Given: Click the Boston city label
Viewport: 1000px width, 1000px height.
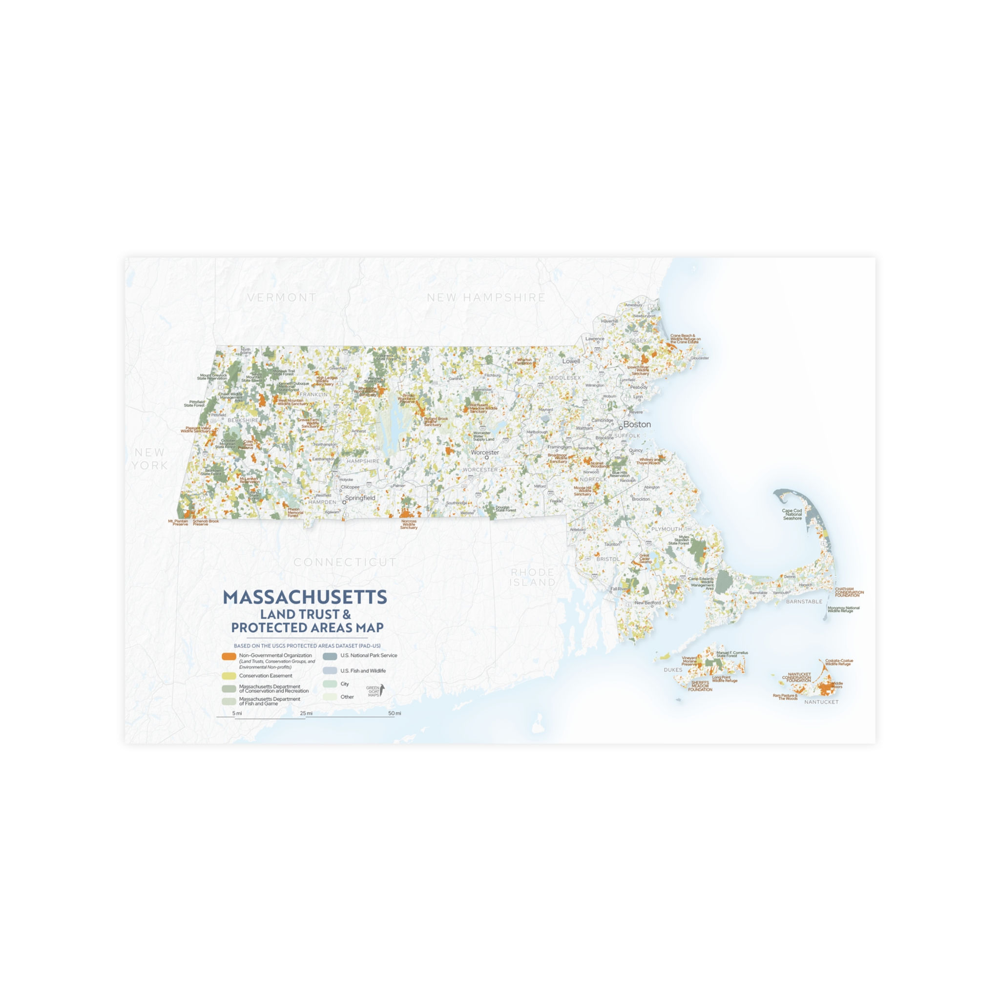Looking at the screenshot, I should click(x=637, y=424).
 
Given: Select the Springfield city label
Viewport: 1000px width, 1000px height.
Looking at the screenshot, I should click(x=360, y=498).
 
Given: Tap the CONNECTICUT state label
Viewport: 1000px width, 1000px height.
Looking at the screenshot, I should click(x=345, y=562).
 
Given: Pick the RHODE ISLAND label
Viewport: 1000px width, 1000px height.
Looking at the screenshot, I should click(x=533, y=577).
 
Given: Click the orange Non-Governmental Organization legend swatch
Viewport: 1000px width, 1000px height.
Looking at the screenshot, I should click(x=229, y=656).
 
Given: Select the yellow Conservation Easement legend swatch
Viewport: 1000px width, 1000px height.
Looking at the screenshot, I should click(x=229, y=676).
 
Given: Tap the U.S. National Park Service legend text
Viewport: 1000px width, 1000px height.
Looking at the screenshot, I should click(x=369, y=655).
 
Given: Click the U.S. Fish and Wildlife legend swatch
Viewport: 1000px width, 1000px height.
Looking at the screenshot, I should click(x=330, y=671).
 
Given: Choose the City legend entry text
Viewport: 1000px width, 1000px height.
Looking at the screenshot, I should click(x=345, y=684).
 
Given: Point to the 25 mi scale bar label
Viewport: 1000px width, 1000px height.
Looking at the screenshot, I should click(x=306, y=713).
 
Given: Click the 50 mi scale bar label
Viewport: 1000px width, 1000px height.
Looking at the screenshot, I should click(x=395, y=713).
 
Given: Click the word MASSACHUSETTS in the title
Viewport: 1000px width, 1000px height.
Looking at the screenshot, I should click(x=305, y=597).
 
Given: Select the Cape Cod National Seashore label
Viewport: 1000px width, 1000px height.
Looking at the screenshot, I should click(x=792, y=514).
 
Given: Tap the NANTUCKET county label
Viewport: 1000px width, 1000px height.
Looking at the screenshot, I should click(x=821, y=702).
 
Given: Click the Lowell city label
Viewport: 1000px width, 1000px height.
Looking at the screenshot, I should click(x=571, y=361).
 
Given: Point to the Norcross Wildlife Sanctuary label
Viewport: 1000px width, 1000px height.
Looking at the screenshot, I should click(x=408, y=524).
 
